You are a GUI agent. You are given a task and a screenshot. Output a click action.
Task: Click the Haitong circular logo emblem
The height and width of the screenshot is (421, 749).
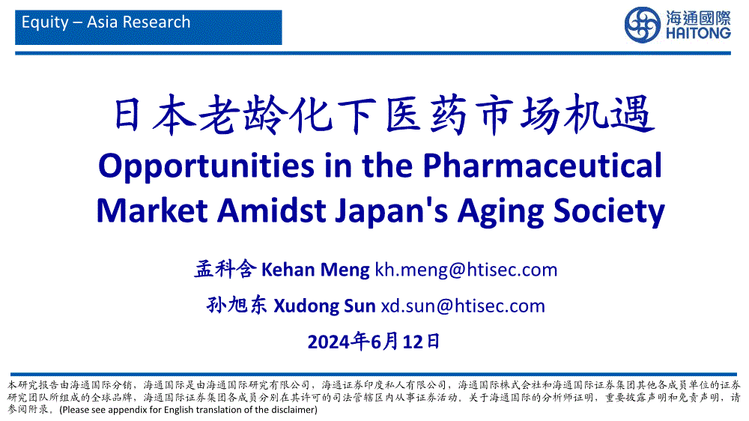coord(643,25)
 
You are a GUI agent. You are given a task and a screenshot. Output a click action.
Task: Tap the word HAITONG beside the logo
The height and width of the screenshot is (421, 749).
coord(698,33)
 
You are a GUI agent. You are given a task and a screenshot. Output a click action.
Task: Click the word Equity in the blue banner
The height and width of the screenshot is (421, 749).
coord(46,22)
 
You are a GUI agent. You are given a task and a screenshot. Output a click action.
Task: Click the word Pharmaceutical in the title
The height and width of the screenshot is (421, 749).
coord(542,166)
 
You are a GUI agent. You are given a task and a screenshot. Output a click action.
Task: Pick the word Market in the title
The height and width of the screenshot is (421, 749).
coord(152,210)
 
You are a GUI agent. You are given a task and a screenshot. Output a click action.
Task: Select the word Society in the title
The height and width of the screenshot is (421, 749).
coord(609,211)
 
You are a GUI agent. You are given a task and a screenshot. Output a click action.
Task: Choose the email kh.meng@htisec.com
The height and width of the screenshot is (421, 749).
coord(466,270)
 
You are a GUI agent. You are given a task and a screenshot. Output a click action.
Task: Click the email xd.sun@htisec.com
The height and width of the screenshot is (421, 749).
coord(463,306)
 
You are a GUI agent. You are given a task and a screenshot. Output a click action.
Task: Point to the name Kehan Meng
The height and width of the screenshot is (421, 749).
coord(315,270)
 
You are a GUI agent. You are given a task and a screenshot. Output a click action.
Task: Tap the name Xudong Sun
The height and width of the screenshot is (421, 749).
coord(324,306)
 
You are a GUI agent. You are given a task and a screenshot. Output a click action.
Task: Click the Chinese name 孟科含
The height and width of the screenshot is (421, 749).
coord(225,269)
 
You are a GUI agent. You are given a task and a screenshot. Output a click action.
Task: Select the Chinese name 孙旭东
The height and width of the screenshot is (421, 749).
coord(237,305)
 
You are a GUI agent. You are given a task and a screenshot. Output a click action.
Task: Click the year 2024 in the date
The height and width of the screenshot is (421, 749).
coord(329,342)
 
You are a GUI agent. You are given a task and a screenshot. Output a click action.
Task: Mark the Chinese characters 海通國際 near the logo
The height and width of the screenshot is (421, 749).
coord(698,18)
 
